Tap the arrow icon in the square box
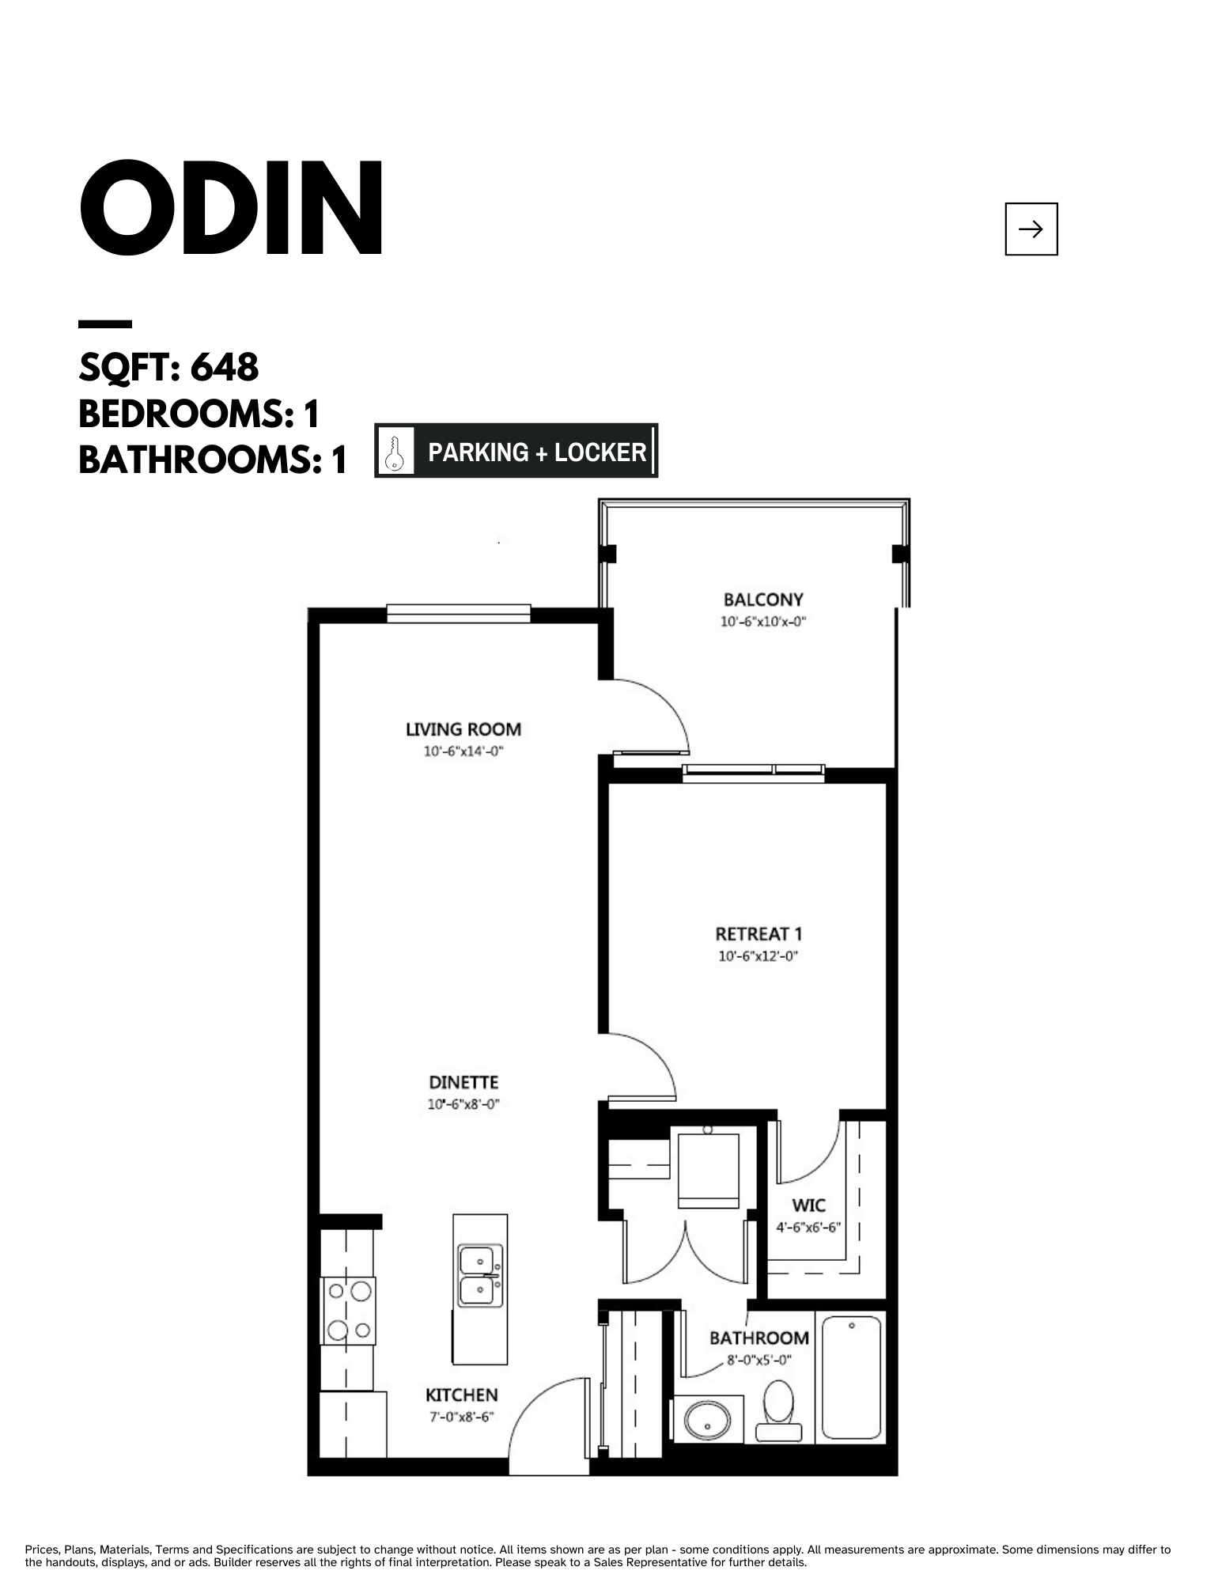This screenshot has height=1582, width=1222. (x=1031, y=229)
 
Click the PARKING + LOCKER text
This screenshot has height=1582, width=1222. (x=537, y=452)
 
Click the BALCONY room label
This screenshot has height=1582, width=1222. (x=763, y=600)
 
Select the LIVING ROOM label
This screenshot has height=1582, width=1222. (x=463, y=729)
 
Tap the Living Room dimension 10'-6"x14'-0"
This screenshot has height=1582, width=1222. (x=463, y=751)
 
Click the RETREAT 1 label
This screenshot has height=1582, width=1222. (x=759, y=934)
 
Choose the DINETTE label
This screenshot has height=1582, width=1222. (x=463, y=1082)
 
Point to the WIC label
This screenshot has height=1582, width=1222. (x=808, y=1205)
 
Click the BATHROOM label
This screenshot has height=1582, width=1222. (x=759, y=1338)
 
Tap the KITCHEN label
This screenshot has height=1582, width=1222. (x=462, y=1395)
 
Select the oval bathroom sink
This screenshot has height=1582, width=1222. (x=706, y=1420)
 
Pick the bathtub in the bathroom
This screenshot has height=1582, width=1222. (x=851, y=1376)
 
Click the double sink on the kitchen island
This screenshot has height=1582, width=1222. (x=479, y=1277)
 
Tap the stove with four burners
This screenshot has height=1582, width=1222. (x=348, y=1310)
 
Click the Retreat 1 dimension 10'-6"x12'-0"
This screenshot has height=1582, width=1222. (x=759, y=956)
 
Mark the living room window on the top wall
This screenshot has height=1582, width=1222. (x=459, y=613)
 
